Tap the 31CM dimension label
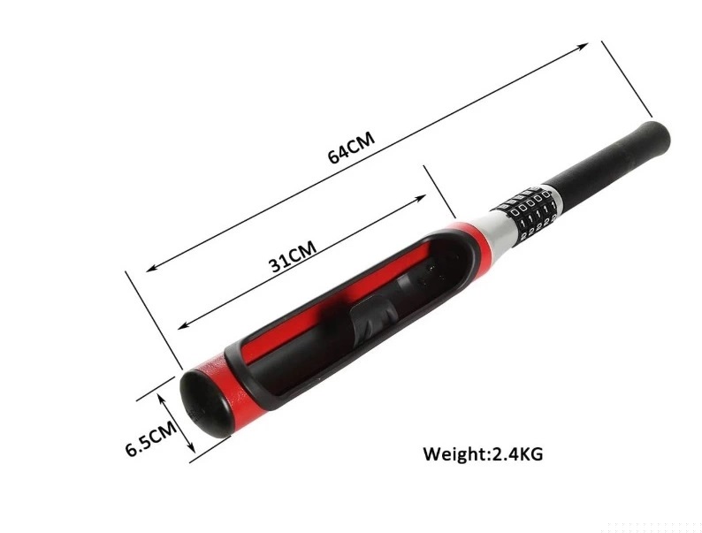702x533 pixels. click(x=293, y=255)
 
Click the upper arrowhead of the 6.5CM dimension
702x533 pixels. click(x=167, y=382)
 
